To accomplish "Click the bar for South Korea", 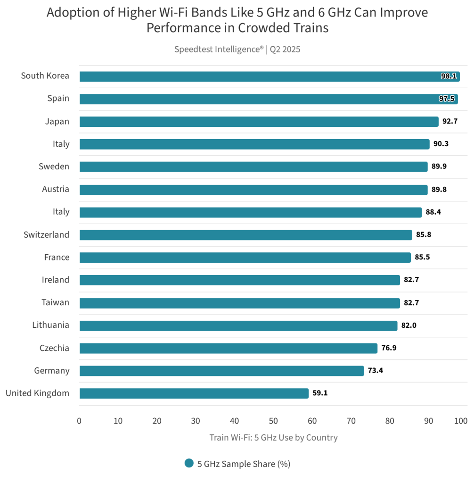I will point(269,76).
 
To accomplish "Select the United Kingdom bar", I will point(194,393).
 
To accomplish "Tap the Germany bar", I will point(221,371).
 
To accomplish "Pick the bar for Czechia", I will point(228,348).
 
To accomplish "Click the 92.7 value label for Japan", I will point(450,121).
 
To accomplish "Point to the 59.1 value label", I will point(320,393).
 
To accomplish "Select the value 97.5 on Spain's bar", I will point(447,99).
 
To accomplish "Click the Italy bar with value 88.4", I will point(250,212).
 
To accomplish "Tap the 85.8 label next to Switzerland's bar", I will point(423,234).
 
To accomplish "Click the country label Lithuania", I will point(50,325).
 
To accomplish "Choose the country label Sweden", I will point(54,167).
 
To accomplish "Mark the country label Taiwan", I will point(55,302).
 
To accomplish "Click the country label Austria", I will point(55,189).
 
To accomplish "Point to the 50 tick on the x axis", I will point(273,421).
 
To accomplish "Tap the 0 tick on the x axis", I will point(79,421).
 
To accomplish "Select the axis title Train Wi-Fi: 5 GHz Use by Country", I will point(273,438).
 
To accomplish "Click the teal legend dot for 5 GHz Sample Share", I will point(189,463).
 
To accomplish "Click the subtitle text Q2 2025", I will point(285,49).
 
